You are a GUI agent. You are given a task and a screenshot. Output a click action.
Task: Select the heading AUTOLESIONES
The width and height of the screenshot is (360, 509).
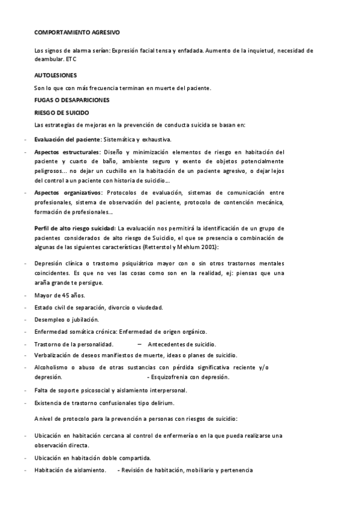[56, 76]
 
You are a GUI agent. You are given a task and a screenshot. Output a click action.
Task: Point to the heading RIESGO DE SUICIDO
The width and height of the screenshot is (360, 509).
[62, 112]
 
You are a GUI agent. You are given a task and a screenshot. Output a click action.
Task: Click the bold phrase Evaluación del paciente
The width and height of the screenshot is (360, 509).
[67, 139]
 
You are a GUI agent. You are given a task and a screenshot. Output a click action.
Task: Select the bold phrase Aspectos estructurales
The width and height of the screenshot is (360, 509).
[67, 152]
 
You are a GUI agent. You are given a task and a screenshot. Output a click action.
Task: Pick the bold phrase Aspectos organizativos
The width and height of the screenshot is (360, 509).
[68, 193]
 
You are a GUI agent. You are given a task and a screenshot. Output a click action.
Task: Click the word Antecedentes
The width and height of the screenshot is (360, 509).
[166, 344]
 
